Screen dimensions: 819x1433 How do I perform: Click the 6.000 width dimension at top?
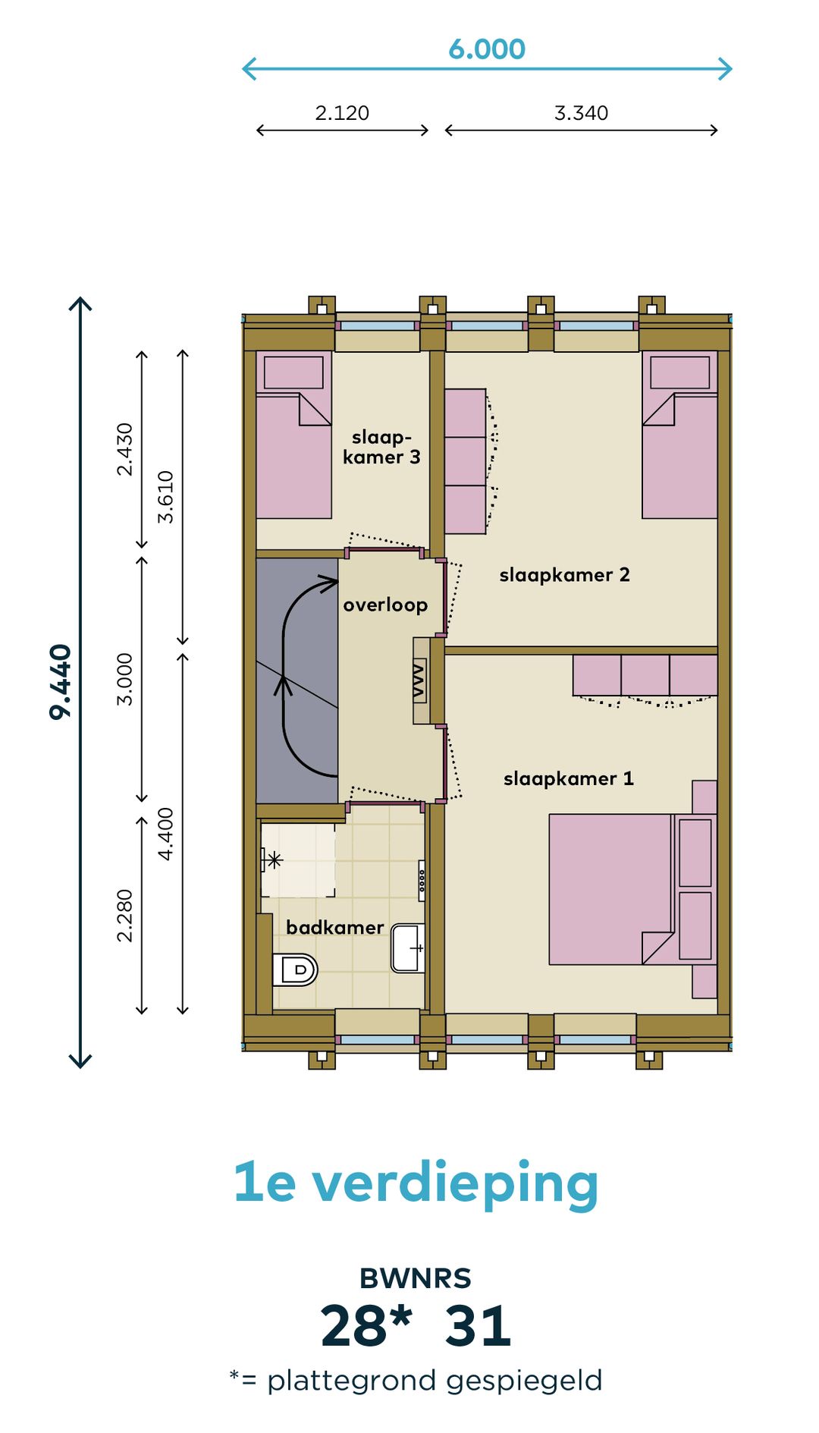pyautogui.click(x=487, y=49)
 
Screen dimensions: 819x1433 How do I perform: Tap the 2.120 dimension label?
pyautogui.click(x=342, y=113)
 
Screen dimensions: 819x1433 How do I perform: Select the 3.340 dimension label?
pyautogui.click(x=581, y=113)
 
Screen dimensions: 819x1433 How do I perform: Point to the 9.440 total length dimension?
pyautogui.click(x=60, y=681)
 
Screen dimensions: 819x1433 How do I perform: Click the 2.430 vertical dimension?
pyautogui.click(x=125, y=449)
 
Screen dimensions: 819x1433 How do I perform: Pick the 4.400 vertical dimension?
pyautogui.click(x=165, y=834)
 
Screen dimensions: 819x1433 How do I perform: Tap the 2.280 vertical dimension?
pyautogui.click(x=125, y=916)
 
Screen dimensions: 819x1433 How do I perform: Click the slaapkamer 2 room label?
pyautogui.click(x=564, y=575)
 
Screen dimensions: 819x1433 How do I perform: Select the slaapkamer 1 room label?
pyautogui.click(x=569, y=779)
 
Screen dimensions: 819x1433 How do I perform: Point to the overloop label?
pyautogui.click(x=385, y=605)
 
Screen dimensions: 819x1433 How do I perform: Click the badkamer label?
pyautogui.click(x=334, y=928)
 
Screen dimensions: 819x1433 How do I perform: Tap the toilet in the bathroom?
pyautogui.click(x=294, y=969)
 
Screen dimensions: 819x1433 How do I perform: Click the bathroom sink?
pyautogui.click(x=408, y=947)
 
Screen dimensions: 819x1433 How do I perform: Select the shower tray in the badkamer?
pyautogui.click(x=298, y=860)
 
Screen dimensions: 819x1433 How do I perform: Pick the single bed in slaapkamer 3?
pyautogui.click(x=294, y=435)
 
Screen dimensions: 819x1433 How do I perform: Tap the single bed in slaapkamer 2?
pyautogui.click(x=679, y=435)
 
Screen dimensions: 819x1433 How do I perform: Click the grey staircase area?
pyautogui.click(x=297, y=680)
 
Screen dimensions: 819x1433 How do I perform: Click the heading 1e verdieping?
pyautogui.click(x=416, y=1184)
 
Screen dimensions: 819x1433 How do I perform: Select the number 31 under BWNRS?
pyautogui.click(x=478, y=1326)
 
